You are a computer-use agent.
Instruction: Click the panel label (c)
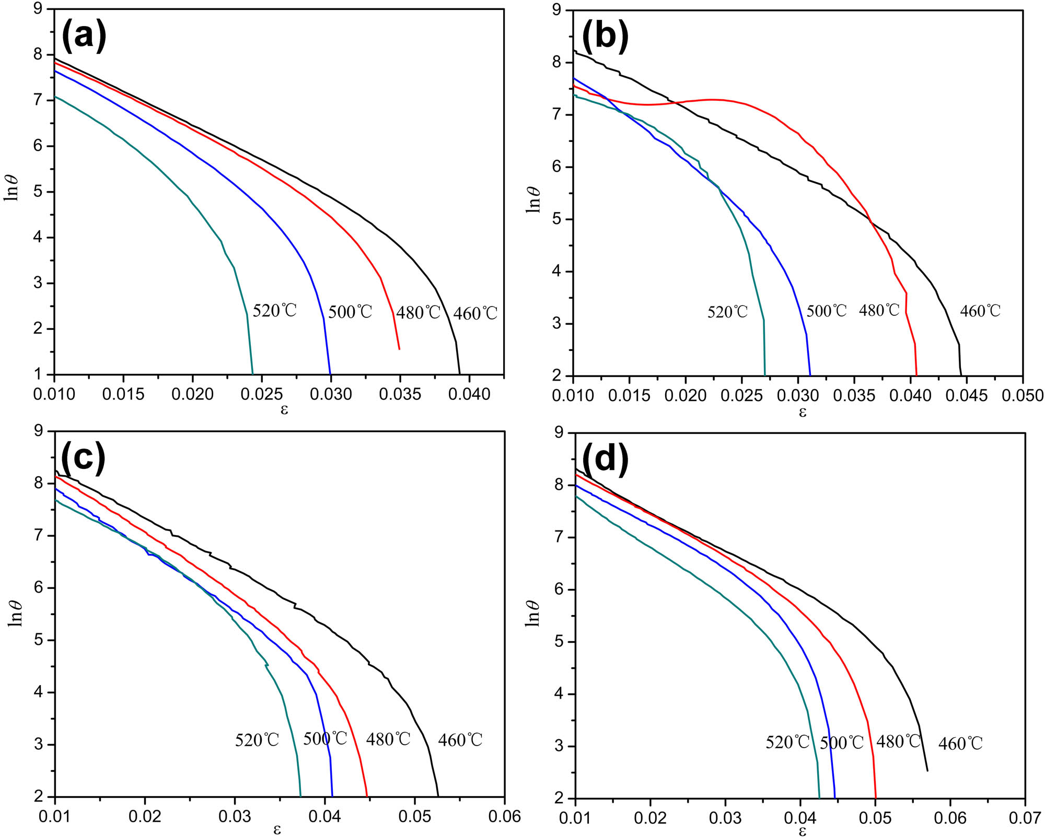[84, 457]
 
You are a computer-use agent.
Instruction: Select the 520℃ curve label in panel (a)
[275, 311]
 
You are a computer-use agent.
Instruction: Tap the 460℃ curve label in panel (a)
[475, 313]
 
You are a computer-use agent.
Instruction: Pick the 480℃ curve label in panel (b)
[879, 310]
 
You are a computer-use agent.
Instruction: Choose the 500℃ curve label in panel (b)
[827, 311]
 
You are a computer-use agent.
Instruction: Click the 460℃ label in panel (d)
[960, 743]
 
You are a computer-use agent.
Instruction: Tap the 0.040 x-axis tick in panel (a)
[469, 394]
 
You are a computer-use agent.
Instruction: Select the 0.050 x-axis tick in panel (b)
[1022, 395]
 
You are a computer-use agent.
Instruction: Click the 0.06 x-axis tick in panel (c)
[504, 816]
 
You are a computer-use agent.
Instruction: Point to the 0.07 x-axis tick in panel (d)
[1025, 818]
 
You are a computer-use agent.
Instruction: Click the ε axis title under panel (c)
[277, 829]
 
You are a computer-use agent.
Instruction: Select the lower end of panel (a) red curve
[399, 349]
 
